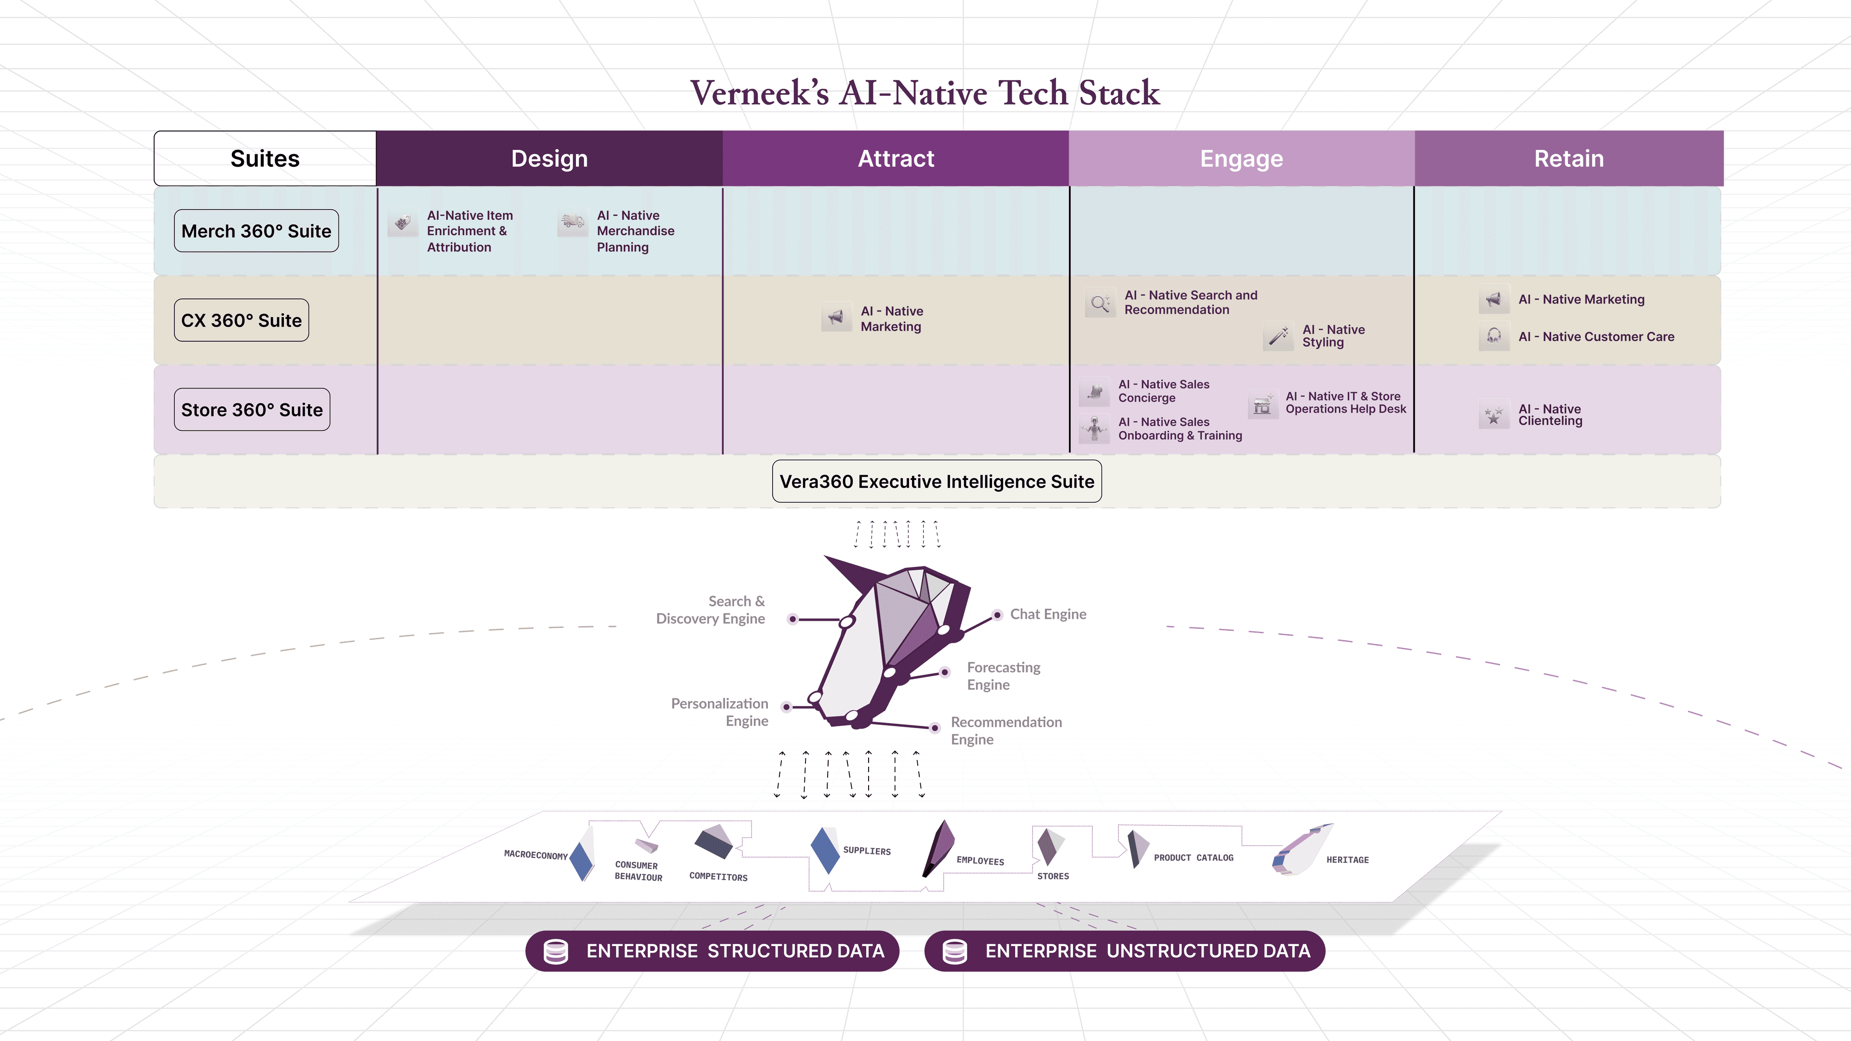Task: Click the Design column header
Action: pos(550,158)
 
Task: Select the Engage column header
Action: pos(1242,158)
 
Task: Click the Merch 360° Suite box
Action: pos(256,231)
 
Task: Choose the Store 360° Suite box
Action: pos(252,410)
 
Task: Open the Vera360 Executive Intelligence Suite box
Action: pos(937,481)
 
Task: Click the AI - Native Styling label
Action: pos(1334,335)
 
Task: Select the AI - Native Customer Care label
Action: pos(1596,336)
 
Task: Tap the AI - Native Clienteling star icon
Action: pos(1494,415)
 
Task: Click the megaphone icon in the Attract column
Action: pos(836,318)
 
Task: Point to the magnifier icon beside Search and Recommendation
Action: pos(1100,303)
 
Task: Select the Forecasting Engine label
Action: pos(1003,676)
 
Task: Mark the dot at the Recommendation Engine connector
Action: pos(935,728)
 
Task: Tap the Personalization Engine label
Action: pos(719,712)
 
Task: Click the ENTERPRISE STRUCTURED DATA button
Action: pos(712,951)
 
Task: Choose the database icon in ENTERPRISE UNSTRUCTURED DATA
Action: pos(954,951)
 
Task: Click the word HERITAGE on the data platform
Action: pos(1347,860)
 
